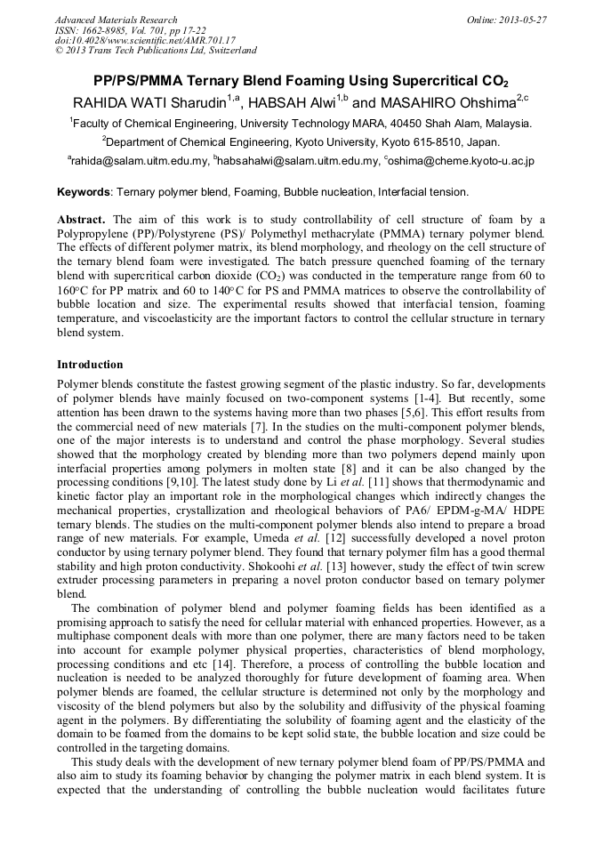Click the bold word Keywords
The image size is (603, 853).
[x=84, y=191]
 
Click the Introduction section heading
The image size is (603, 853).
[x=90, y=365]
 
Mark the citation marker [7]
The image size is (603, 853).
[x=262, y=426]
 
